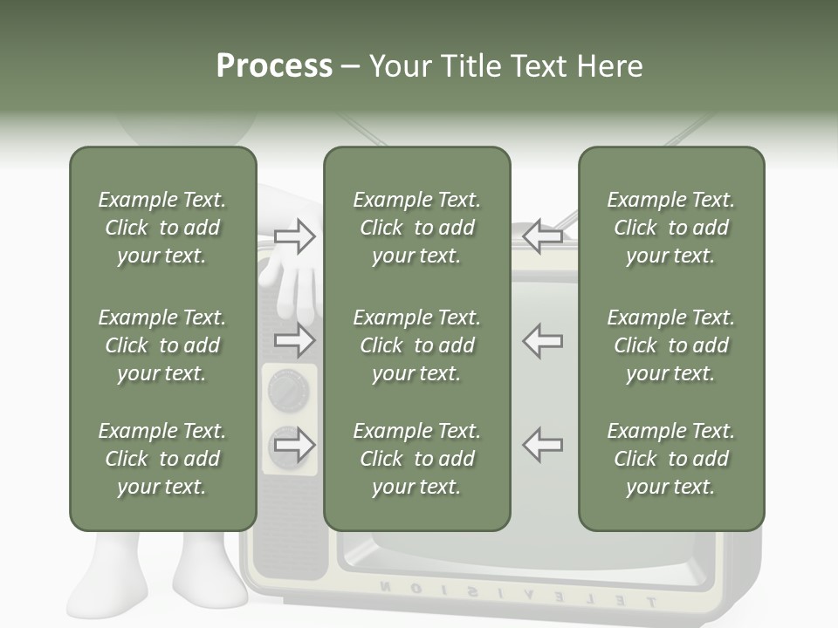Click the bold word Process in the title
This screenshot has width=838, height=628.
coord(274,66)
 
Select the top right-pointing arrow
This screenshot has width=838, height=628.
coord(295,236)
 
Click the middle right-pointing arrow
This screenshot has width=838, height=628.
coord(295,340)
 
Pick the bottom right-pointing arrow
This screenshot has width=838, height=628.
coord(295,446)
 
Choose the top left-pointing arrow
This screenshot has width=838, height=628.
coord(543,236)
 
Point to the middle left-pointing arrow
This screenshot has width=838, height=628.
coord(543,340)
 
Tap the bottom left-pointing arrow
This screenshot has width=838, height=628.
coord(543,445)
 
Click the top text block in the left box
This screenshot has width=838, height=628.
coord(162,228)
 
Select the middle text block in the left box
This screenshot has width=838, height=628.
coord(162,345)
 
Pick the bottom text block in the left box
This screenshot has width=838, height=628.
coord(162,459)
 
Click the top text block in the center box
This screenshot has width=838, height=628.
coord(416,228)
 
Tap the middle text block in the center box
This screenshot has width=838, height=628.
coord(416,345)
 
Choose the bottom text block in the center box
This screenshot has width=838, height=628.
coord(416,459)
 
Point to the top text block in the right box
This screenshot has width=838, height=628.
coord(670,228)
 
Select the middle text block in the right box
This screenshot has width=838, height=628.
coord(670,345)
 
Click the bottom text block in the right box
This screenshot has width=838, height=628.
coord(670,459)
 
